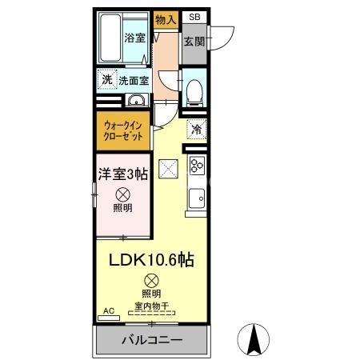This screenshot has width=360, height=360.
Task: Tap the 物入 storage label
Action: pos(166,20)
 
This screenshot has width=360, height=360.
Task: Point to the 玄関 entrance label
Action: pos(194,42)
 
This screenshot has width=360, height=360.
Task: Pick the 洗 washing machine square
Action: pos(106,80)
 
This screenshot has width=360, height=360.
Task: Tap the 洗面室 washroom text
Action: pos(134,81)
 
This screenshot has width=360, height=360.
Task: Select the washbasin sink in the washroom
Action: pos(137,101)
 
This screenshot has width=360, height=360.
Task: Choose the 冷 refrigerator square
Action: pos(196,129)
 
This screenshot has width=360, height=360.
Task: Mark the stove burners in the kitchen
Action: pos(197,166)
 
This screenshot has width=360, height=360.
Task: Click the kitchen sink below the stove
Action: pos(197,196)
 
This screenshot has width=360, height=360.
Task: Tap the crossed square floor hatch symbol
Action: pos(169,168)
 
